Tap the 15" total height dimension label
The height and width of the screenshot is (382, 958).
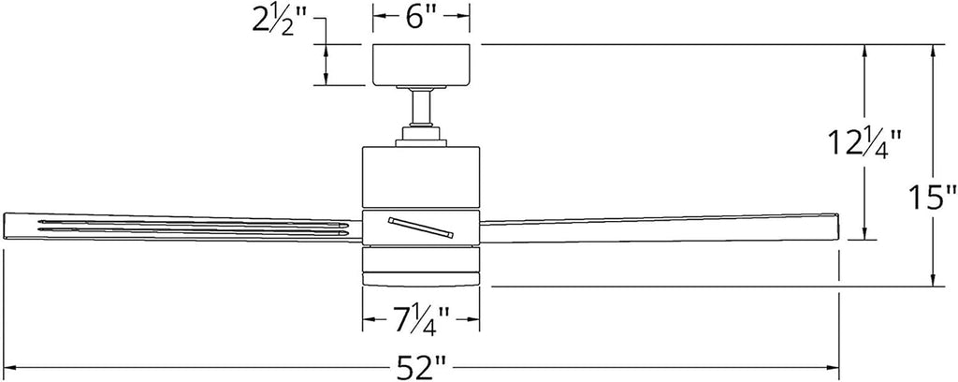pyautogui.click(x=931, y=198)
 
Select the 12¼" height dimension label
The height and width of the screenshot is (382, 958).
pyautogui.click(x=864, y=143)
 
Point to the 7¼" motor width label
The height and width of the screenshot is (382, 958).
pyautogui.click(x=422, y=319)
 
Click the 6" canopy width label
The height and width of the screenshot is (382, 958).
pyautogui.click(x=422, y=18)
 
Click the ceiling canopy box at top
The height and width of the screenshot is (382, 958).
pyautogui.click(x=422, y=65)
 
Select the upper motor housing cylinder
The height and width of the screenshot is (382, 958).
pyautogui.click(x=421, y=177)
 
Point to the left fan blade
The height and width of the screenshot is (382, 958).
pyautogui.click(x=182, y=228)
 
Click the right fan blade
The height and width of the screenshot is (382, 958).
pyautogui.click(x=659, y=228)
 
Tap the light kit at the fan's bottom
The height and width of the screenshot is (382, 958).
pyautogui.click(x=421, y=266)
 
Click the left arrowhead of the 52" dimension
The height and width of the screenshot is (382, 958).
pyautogui.click(x=12, y=368)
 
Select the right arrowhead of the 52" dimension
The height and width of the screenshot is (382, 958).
pyautogui.click(x=831, y=368)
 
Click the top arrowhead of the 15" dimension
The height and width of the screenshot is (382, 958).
pyautogui.click(x=934, y=52)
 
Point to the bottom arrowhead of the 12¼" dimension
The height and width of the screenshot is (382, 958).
pyautogui.click(x=864, y=231)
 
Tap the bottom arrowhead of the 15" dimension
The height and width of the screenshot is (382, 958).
pyautogui.click(x=934, y=278)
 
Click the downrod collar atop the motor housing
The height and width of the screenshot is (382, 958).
pyautogui.click(x=421, y=136)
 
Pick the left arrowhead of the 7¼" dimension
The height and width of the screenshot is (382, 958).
pyautogui.click(x=370, y=319)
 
